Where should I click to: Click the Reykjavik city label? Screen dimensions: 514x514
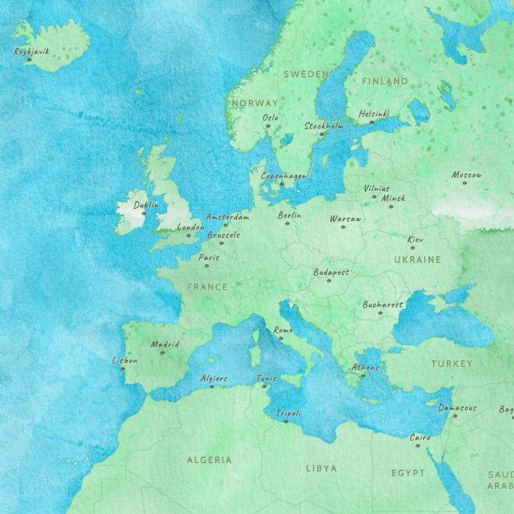[31, 51]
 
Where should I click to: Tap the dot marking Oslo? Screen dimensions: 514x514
[269, 126]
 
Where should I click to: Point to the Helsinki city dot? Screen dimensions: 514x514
[371, 122]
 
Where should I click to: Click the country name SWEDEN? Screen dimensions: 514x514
[306, 75]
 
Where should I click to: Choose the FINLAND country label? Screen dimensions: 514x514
[385, 81]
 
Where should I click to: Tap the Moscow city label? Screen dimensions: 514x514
[466, 175]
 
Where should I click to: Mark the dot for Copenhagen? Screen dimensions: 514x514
[281, 184]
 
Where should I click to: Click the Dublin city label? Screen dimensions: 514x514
[145, 206]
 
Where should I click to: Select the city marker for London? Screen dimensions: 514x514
[189, 235]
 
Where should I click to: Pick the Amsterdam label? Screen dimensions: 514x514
[227, 217]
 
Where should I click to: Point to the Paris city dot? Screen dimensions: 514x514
[207, 266]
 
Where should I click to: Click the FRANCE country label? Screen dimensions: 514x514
[208, 287]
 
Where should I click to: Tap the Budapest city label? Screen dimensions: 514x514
[331, 272]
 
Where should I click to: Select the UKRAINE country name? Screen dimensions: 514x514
[418, 260]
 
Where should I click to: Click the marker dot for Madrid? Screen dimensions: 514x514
[163, 353]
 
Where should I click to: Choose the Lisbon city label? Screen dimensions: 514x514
[125, 360]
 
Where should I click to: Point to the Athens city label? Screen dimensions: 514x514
[365, 368]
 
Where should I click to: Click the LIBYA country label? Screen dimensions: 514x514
[321, 468]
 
